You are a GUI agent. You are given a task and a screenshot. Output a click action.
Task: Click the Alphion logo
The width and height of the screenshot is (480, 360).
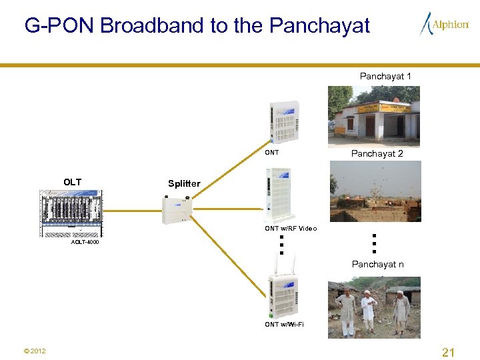(444, 25)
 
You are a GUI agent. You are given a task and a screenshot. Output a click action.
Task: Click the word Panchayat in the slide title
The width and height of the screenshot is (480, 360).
(319, 25)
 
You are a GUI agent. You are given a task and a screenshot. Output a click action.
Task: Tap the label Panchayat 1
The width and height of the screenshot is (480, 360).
(385, 76)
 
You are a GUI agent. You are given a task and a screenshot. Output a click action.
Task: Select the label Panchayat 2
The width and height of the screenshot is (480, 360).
(377, 153)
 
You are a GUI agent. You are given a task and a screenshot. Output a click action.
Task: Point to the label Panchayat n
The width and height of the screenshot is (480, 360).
(377, 265)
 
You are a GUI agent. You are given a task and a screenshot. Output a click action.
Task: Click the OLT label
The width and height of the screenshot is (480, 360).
(72, 182)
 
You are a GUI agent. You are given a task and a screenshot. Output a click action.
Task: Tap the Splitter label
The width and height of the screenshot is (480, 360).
(184, 183)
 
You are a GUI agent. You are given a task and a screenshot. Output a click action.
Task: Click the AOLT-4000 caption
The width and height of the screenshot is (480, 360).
(85, 242)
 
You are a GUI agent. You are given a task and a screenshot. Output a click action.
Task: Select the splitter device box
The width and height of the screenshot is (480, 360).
(177, 209)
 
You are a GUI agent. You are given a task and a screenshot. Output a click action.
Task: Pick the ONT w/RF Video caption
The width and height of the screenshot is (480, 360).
(291, 229)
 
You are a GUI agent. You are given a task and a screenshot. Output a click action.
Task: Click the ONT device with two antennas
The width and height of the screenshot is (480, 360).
(283, 293)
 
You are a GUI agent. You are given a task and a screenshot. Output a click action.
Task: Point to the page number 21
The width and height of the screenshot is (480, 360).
(448, 352)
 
